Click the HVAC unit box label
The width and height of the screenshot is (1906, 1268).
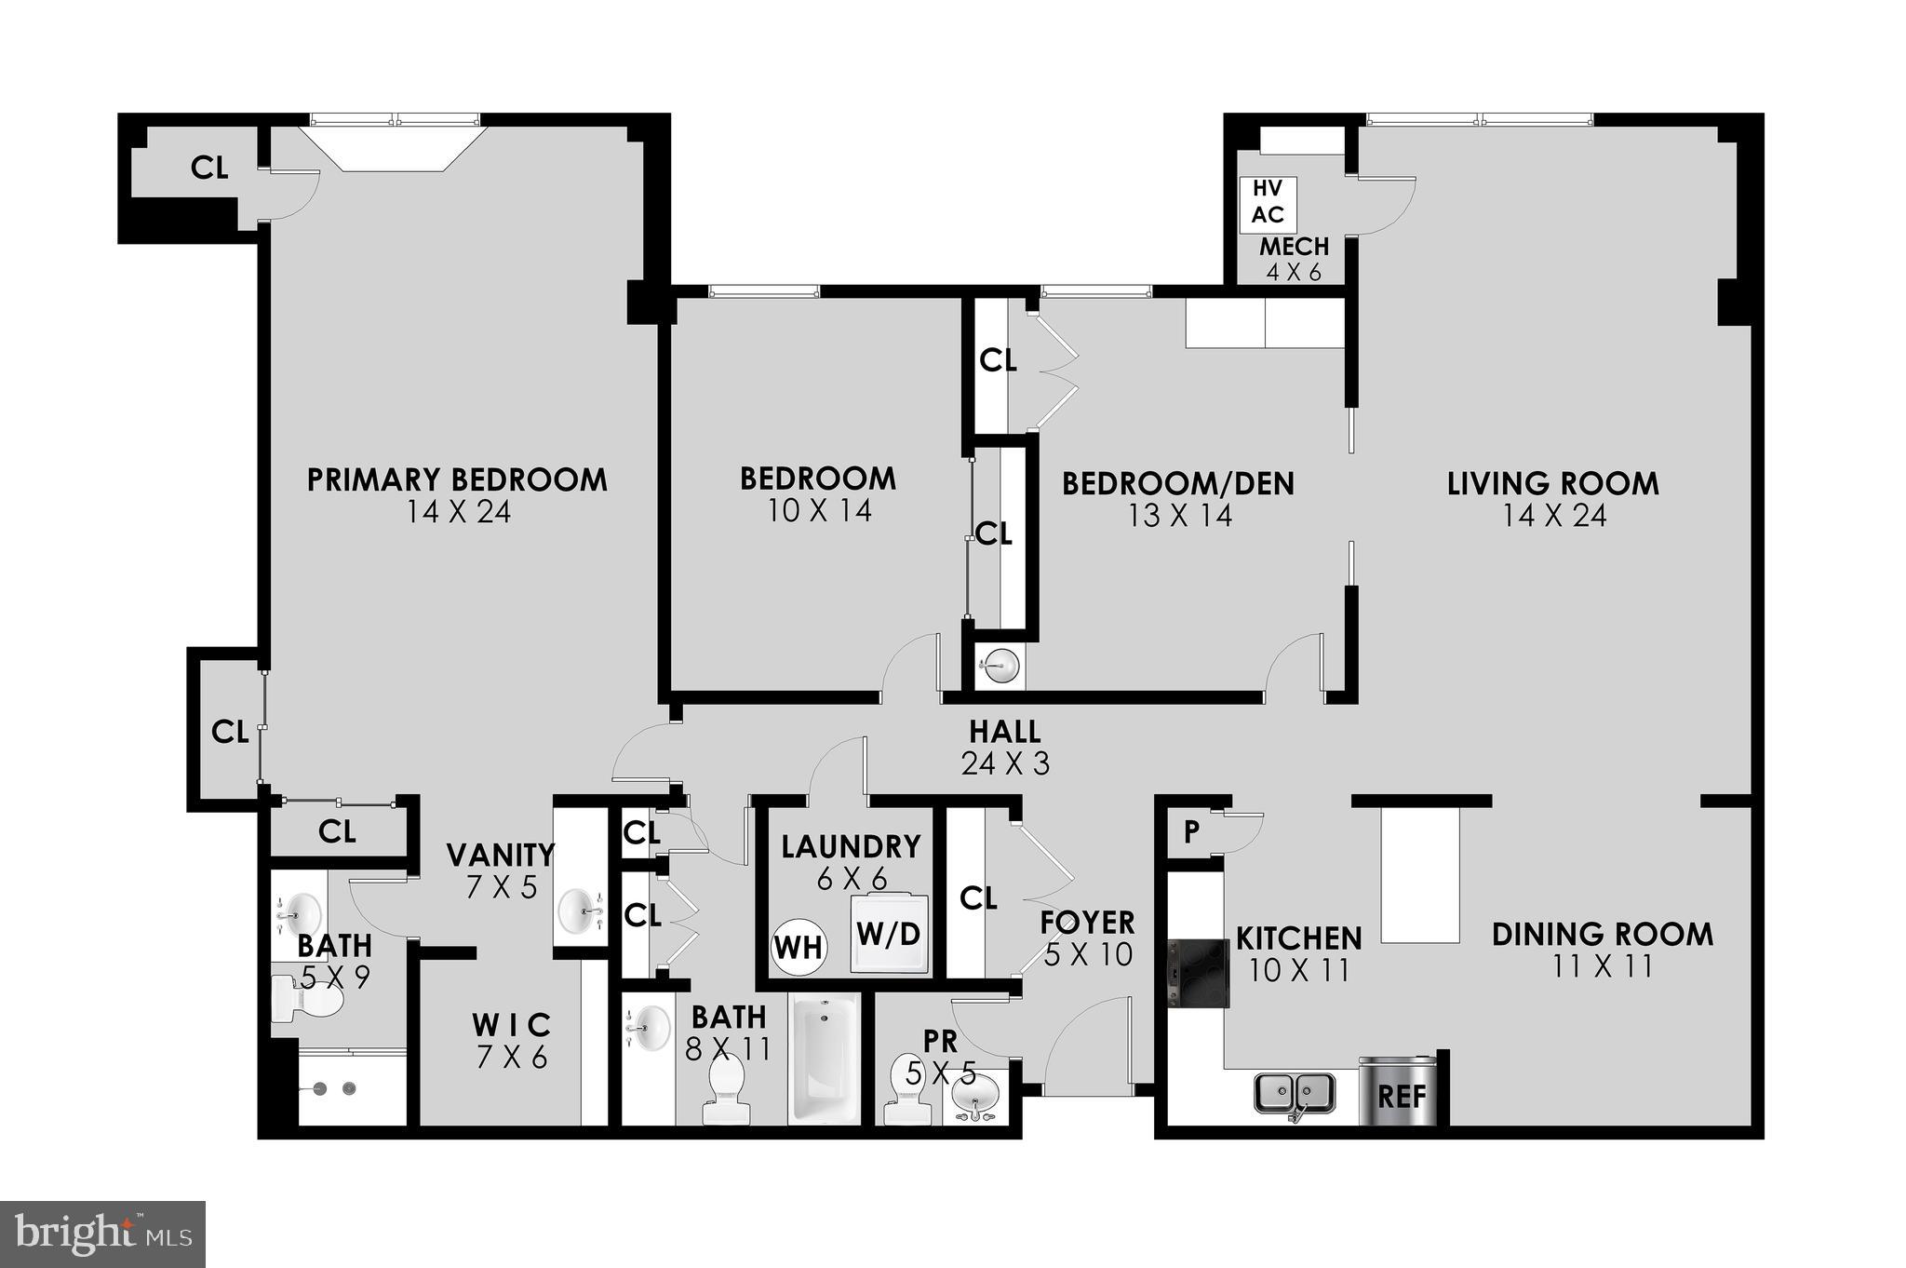click(1268, 202)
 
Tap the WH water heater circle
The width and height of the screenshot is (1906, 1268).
click(799, 947)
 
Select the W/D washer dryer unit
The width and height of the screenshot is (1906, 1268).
click(889, 934)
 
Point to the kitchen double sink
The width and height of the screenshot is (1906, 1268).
click(1295, 1093)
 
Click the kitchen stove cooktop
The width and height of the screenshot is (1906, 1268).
click(1198, 974)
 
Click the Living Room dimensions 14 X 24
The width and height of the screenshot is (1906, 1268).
click(1553, 516)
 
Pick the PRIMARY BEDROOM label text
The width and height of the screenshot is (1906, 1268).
click(457, 480)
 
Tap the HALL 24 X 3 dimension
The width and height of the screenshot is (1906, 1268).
click(1005, 763)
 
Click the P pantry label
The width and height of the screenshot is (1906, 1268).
click(1191, 832)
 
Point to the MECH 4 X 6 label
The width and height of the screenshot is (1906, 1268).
click(1294, 259)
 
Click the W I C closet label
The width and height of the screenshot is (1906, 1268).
click(511, 1026)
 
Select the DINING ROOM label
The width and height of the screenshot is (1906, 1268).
click(1602, 935)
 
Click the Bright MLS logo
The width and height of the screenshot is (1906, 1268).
click(102, 1234)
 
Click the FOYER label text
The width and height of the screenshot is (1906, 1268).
click(1087, 923)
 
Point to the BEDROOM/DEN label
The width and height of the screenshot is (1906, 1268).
click(1177, 484)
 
